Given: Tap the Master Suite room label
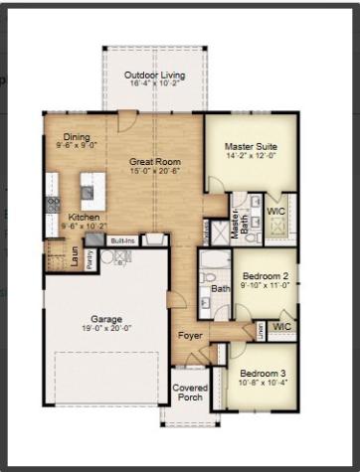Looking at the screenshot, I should [x=250, y=147].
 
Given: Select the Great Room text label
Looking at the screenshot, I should [x=153, y=160].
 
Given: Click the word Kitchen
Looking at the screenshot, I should [x=84, y=216].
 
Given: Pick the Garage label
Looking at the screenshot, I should [x=106, y=319].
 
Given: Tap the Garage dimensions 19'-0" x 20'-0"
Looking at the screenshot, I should [x=106, y=329].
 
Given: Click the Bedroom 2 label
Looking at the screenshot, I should [x=265, y=275].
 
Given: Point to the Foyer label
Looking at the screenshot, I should [x=190, y=336].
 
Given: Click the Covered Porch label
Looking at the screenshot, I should [x=190, y=393].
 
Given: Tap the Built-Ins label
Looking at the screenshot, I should [x=122, y=240].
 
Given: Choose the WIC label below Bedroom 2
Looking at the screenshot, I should [x=282, y=325].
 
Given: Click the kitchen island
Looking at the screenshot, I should [x=92, y=186].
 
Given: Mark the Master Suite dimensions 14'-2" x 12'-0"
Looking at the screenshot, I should [x=250, y=157].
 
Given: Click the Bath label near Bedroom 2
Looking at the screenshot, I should [x=218, y=289].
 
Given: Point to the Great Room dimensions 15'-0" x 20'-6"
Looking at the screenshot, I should [x=153, y=170].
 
